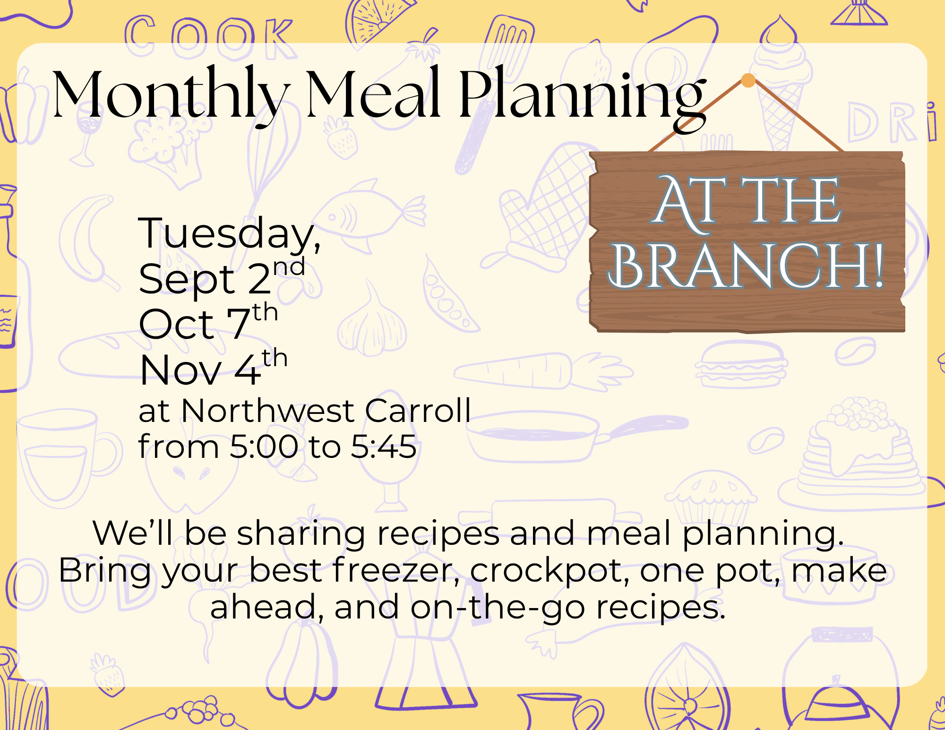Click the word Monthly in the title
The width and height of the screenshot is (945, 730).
[x=172, y=95]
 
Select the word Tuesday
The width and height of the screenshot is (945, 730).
[x=230, y=234]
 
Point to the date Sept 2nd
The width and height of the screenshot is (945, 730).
[x=222, y=278]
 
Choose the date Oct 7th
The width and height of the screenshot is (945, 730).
[x=208, y=322]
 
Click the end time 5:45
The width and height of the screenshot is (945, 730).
[x=384, y=447]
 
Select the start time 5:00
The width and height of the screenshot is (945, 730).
[x=264, y=447]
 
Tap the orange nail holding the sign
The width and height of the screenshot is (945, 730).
[x=748, y=80]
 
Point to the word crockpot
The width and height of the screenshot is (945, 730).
[x=550, y=571]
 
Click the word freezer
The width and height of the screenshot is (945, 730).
[x=396, y=570]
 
